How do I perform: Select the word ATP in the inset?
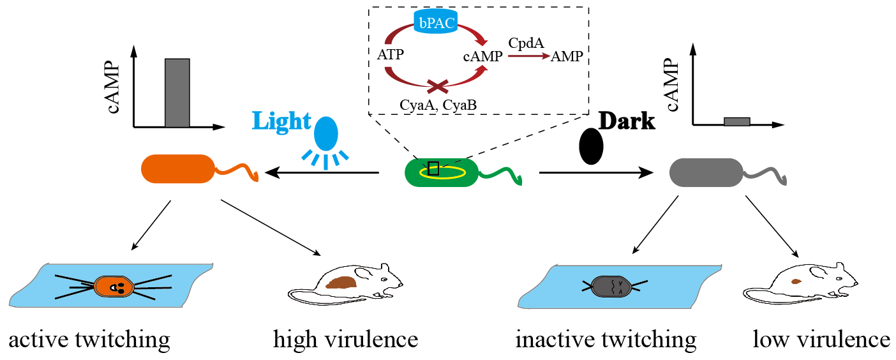pyautogui.click(x=390, y=55)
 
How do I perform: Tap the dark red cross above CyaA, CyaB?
pyautogui.click(x=438, y=85)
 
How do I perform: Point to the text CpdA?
pyautogui.click(x=526, y=43)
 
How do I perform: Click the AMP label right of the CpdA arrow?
pyautogui.click(x=567, y=56)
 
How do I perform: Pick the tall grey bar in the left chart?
pyautogui.click(x=177, y=93)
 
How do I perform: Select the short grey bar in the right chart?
pyautogui.click(x=736, y=121)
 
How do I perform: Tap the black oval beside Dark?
pyautogui.click(x=591, y=146)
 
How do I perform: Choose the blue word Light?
pyautogui.click(x=281, y=121)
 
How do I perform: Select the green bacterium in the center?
pyautogui.click(x=442, y=172)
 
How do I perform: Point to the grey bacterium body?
pyautogui.click(x=706, y=172)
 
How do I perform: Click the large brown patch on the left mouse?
pyautogui.click(x=342, y=281)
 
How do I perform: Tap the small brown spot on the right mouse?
pyautogui.click(x=795, y=281)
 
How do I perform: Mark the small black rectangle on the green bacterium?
pyautogui.click(x=433, y=169)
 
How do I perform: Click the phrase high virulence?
pyautogui.click(x=345, y=339)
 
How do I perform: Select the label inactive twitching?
pyautogui.click(x=606, y=339)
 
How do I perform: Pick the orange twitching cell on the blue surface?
pyautogui.click(x=114, y=287)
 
